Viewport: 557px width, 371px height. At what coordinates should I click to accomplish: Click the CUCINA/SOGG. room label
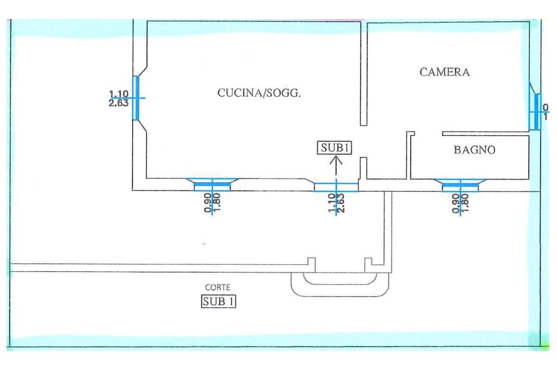click(259, 93)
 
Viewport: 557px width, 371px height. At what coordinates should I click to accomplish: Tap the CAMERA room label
click(444, 72)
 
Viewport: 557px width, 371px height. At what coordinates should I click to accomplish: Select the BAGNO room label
click(474, 151)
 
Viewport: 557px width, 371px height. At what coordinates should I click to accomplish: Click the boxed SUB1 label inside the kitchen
click(334, 147)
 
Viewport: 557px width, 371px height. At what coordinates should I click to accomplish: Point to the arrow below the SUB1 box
click(336, 165)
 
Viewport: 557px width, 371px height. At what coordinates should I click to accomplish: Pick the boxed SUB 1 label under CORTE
click(219, 300)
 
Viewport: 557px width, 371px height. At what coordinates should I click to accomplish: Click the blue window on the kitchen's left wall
click(136, 98)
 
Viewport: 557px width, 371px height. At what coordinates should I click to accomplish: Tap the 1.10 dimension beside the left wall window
click(119, 94)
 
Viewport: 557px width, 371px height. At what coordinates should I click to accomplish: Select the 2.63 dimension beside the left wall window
click(119, 102)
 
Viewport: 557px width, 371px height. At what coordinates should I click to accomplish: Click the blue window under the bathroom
click(462, 186)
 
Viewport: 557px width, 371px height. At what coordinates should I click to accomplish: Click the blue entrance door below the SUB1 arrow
click(336, 187)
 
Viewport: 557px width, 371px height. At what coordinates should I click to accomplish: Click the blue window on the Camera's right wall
click(537, 112)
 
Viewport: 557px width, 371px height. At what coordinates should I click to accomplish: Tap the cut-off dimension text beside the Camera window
click(546, 112)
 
